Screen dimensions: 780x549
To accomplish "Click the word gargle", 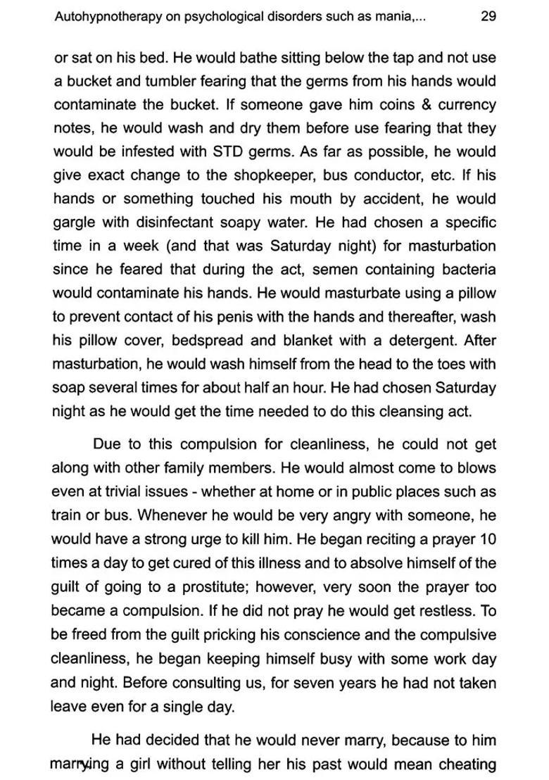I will pos(75,223).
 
